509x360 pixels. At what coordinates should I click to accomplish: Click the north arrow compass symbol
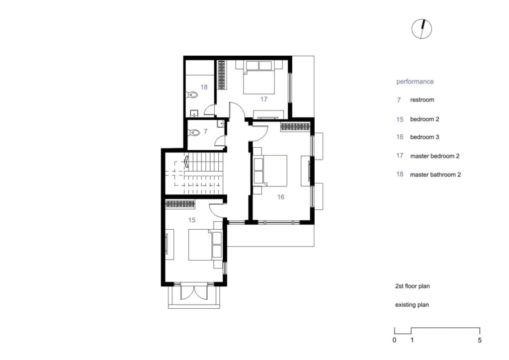422,29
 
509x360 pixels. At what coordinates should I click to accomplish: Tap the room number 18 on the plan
204,87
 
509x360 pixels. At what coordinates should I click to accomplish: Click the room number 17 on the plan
263,99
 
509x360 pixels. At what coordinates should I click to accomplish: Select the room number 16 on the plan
281,197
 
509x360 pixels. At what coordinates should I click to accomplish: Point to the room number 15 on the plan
192,220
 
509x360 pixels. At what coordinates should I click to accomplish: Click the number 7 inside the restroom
205,131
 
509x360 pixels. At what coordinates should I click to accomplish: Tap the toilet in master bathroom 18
192,95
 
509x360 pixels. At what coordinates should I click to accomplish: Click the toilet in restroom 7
194,132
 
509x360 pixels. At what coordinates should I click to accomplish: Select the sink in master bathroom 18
194,113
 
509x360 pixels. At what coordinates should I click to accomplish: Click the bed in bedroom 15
201,245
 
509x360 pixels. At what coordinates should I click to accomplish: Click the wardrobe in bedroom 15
180,204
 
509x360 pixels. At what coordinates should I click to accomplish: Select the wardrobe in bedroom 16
295,127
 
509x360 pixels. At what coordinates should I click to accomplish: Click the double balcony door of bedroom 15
194,291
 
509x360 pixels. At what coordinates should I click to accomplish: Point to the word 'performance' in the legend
415,82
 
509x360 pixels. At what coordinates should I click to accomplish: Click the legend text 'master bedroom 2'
434,156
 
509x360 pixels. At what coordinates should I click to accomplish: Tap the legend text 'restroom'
422,99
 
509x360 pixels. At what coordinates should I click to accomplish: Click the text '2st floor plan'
412,286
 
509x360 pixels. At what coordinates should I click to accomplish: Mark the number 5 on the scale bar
480,340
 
